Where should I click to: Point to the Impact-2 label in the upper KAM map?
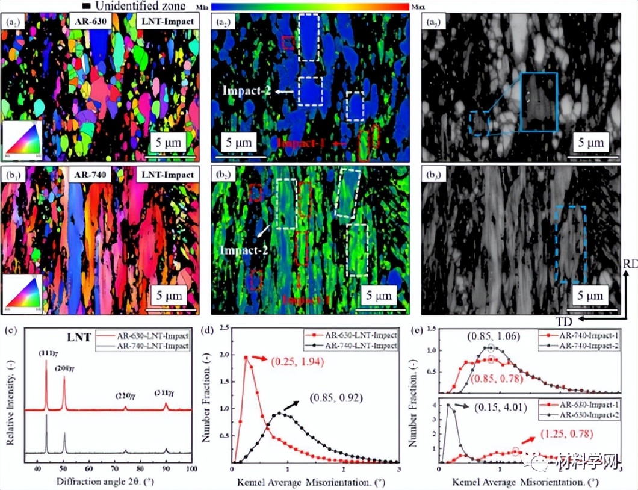[x=244, y=91]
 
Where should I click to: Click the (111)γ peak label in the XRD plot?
[x=45, y=353]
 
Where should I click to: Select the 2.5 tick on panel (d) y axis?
[x=223, y=329]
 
